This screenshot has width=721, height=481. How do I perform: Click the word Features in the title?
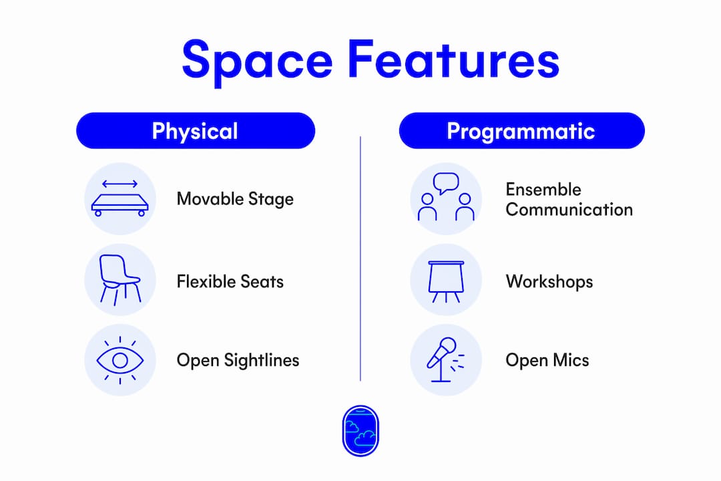[x=453, y=59]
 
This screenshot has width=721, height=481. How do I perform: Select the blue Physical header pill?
[x=196, y=131]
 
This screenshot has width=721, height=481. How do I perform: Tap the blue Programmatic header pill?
[x=522, y=131]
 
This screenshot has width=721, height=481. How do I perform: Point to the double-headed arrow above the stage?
[x=120, y=184]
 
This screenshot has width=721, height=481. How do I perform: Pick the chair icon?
[x=120, y=280]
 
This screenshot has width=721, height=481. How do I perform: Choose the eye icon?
[x=120, y=360]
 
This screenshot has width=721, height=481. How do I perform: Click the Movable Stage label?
[x=235, y=199]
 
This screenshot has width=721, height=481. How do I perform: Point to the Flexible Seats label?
[x=230, y=281]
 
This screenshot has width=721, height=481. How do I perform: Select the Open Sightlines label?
[x=238, y=360]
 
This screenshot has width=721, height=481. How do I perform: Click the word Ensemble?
[x=543, y=189]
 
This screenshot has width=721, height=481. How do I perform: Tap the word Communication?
[x=569, y=210]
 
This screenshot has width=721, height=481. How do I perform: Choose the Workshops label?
[x=549, y=282]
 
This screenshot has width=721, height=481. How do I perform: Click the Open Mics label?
[x=547, y=360]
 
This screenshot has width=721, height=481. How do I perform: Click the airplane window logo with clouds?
[x=360, y=431]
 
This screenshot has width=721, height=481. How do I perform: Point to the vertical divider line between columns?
[x=360, y=259]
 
